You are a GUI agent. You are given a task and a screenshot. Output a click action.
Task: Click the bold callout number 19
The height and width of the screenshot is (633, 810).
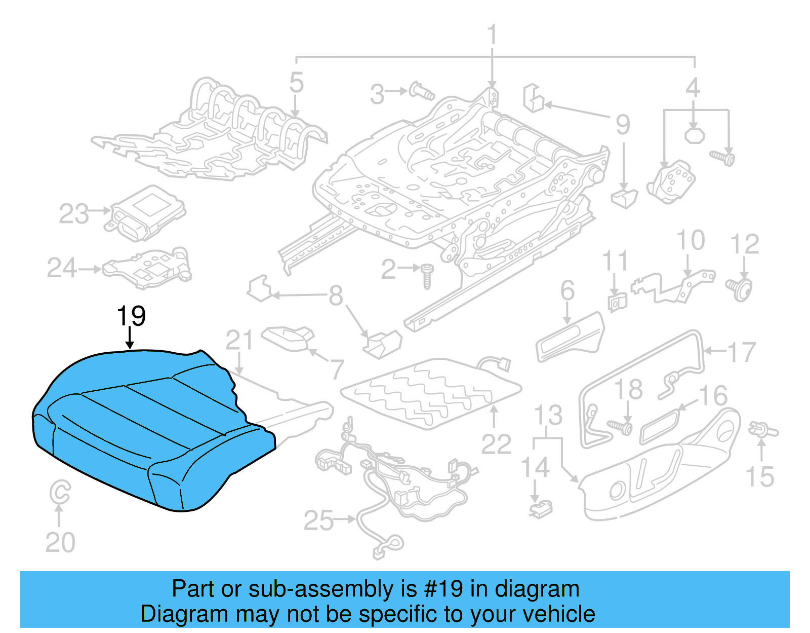click(131, 316)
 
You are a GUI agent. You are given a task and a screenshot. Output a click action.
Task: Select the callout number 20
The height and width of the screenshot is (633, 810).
click(60, 542)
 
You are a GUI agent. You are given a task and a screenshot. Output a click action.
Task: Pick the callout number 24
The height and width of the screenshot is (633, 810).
click(62, 268)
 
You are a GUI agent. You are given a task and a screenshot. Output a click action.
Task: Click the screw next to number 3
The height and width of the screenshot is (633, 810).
click(421, 91)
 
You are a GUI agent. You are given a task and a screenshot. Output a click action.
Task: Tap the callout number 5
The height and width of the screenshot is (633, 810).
click(297, 83)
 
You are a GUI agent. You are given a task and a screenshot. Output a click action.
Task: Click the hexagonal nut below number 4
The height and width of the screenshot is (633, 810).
click(694, 135)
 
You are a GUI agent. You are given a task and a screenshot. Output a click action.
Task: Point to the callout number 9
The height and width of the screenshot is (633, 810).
click(623, 125)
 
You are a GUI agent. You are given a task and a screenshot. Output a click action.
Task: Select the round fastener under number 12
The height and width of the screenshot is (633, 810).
click(741, 289)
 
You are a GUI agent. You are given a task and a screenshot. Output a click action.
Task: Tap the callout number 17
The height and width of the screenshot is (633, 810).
click(741, 352)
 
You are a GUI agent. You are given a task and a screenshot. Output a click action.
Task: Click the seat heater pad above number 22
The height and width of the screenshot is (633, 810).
click(430, 393)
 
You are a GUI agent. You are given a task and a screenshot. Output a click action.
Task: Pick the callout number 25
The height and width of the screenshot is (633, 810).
click(318, 520)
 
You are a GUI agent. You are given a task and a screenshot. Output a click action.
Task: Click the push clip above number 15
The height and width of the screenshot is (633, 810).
click(762, 431)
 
